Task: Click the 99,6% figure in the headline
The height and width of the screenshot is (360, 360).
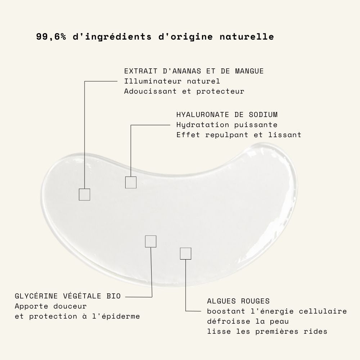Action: [x=51, y=37]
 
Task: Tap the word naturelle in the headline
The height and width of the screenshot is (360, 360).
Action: [x=247, y=36]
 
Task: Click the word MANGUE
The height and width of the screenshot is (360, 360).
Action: [x=249, y=71]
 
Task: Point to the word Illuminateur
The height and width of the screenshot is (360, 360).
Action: [x=153, y=81]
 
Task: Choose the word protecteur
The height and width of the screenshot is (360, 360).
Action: [x=220, y=91]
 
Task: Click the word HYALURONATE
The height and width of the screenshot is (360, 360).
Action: [x=202, y=114]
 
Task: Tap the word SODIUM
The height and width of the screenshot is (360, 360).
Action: [x=263, y=114]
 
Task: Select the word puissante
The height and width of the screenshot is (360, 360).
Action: [x=256, y=125]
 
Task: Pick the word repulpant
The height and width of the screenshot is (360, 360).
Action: [x=226, y=135]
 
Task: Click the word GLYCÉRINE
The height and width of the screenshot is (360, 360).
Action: [x=36, y=296]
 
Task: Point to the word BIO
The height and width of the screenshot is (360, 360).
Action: [x=114, y=296]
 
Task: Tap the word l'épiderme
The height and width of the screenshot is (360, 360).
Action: [x=116, y=316]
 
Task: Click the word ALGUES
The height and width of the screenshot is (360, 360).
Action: [x=221, y=301]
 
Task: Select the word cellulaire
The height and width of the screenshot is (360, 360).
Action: [x=323, y=311]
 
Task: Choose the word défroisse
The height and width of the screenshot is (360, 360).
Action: [x=229, y=321]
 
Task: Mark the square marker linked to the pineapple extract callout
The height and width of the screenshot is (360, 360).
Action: [x=85, y=189]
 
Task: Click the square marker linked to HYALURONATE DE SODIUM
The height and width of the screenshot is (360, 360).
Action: [x=131, y=177]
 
